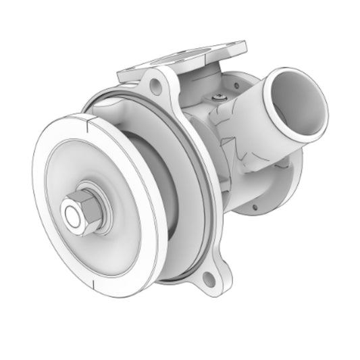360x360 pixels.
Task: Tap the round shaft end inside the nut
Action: coord(72,215)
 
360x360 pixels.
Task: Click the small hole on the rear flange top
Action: coord(237,85)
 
